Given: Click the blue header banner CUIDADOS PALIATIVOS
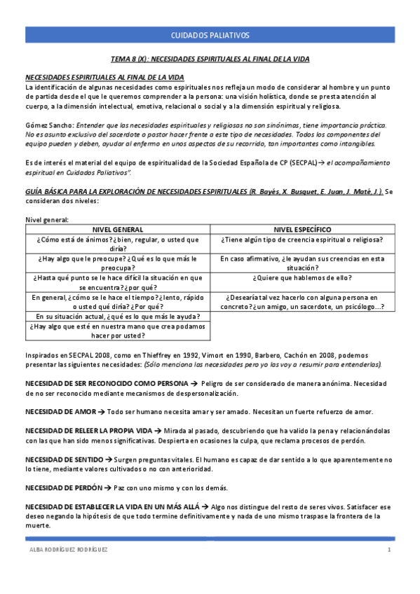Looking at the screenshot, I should coord(210,35).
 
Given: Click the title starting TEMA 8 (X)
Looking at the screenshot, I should coord(210,60).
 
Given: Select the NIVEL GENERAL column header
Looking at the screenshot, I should coord(118,229).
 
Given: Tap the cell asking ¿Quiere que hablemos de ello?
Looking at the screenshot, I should coord(303,277).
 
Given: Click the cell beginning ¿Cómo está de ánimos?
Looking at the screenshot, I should coord(118,243).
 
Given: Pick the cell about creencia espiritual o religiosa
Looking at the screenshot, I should coord(303,239).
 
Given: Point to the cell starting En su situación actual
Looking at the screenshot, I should coord(118,316).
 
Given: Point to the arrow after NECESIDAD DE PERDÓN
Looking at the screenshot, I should coord(110,487).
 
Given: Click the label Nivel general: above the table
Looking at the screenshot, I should coord(47,220).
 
